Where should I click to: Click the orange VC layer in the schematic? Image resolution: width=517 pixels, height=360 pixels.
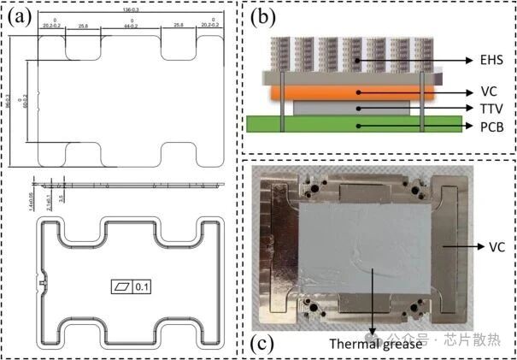pyautogui.click(x=350, y=91)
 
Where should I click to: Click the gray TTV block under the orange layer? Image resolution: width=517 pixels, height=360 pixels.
pyautogui.click(x=350, y=108)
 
